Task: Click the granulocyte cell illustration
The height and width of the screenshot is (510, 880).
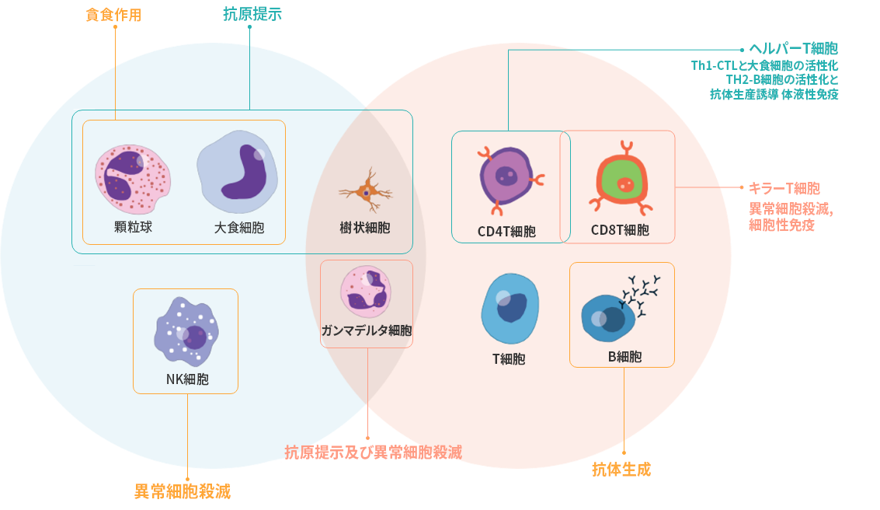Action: click(x=132, y=179)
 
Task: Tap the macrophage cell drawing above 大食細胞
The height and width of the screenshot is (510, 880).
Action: click(x=237, y=173)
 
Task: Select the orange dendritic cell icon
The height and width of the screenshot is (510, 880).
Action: click(x=366, y=190)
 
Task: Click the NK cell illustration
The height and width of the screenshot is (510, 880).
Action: click(x=186, y=334)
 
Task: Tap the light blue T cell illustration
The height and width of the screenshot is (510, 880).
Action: click(x=510, y=309)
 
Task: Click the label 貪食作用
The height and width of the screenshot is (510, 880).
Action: click(x=113, y=15)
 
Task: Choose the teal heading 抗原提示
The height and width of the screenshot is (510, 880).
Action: click(x=249, y=13)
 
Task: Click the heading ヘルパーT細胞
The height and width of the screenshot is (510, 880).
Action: click(x=793, y=48)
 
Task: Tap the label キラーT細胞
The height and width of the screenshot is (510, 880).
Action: click(x=784, y=188)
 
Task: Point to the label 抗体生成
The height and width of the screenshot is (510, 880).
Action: click(x=621, y=469)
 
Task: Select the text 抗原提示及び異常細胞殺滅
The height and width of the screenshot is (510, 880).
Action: click(x=373, y=452)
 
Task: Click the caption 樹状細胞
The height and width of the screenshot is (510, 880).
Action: click(x=365, y=228)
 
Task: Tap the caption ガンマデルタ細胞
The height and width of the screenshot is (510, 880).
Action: click(x=366, y=330)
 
